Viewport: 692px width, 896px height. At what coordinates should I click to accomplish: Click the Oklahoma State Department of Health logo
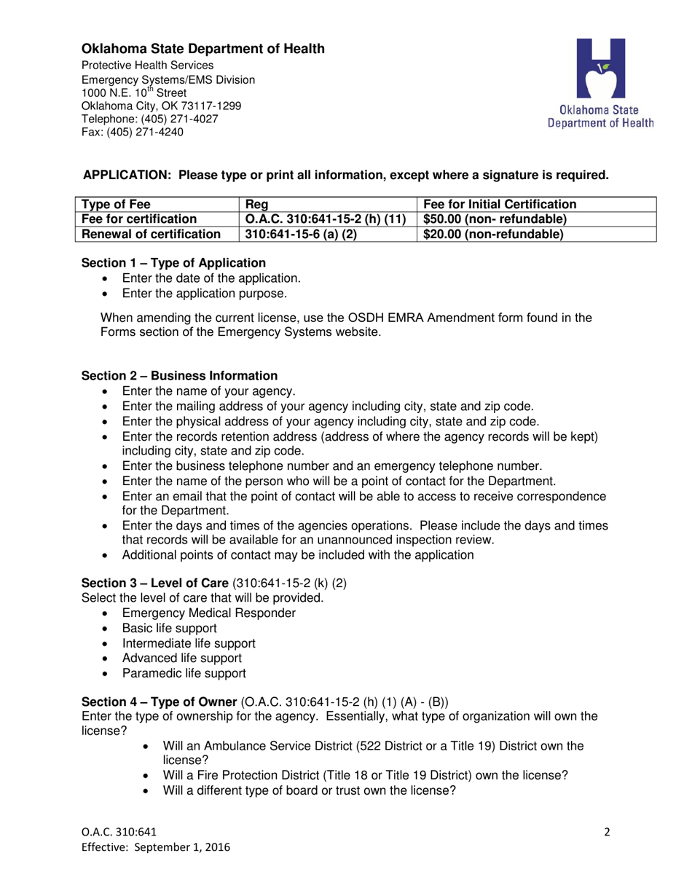[x=601, y=84]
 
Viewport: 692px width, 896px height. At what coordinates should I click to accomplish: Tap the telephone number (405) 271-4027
[x=178, y=119]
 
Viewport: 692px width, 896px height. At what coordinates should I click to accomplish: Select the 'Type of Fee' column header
[x=117, y=205]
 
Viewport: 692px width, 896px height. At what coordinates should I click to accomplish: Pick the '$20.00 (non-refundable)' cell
[x=493, y=234]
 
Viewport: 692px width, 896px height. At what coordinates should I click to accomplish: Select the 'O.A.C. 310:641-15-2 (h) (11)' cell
[x=326, y=219]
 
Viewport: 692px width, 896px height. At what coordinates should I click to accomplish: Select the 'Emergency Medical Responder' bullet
[x=209, y=613]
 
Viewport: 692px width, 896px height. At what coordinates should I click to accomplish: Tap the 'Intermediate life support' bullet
[x=189, y=643]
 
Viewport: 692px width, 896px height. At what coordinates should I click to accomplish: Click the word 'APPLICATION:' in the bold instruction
[x=129, y=175]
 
